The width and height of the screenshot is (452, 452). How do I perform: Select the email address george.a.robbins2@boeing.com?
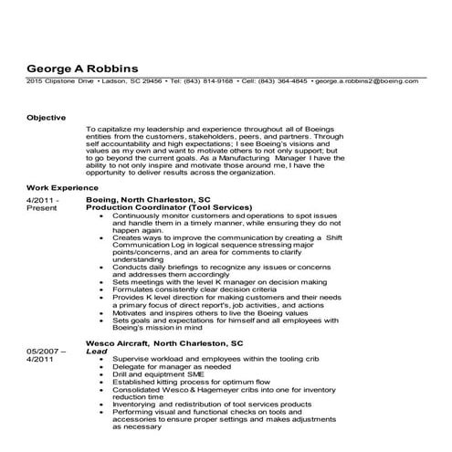(367, 81)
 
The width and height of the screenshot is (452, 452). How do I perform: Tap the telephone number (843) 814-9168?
(205, 81)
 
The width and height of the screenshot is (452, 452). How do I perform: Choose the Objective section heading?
(46, 118)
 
